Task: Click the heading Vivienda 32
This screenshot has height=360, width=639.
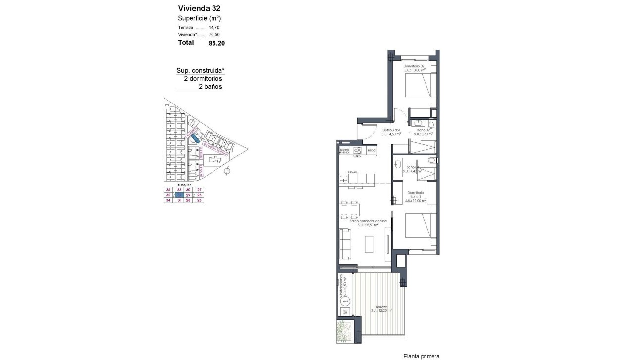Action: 199,8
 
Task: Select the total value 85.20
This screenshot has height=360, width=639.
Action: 216,43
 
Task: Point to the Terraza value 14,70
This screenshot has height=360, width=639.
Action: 214,28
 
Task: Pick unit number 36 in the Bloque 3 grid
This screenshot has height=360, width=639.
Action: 168,190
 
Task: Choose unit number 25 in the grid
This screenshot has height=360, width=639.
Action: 199,200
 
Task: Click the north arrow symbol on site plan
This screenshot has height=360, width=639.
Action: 227,172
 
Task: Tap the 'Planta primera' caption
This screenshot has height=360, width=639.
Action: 422,356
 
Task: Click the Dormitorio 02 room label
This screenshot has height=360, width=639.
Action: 414,66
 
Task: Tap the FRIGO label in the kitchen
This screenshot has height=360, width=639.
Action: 372,150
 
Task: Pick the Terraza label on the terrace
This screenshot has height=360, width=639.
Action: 381,307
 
